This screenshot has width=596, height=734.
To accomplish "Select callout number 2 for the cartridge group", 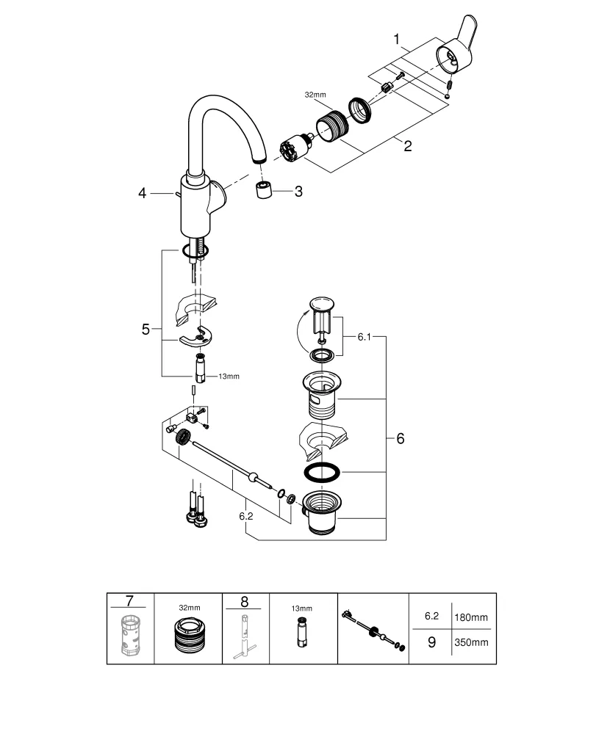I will click(406, 145).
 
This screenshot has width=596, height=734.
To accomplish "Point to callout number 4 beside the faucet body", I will click(143, 193).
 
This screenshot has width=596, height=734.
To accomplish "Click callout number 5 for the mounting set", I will click(146, 330).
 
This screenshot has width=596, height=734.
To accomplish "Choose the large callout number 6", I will click(401, 438).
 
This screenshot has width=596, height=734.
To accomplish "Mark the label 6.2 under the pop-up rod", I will click(245, 517).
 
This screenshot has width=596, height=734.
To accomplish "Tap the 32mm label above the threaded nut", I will click(315, 95).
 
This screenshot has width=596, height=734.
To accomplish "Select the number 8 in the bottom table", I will click(245, 602).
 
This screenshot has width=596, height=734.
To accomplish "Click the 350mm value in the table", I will click(471, 642).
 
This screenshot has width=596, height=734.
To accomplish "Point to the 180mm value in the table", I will click(471, 619).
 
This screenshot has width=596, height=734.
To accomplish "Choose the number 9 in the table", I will click(431, 642).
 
